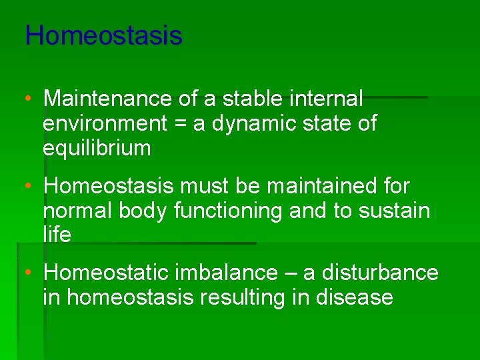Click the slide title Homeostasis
103,35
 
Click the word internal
329,99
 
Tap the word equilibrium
97,149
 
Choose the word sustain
394,211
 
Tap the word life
57,235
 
